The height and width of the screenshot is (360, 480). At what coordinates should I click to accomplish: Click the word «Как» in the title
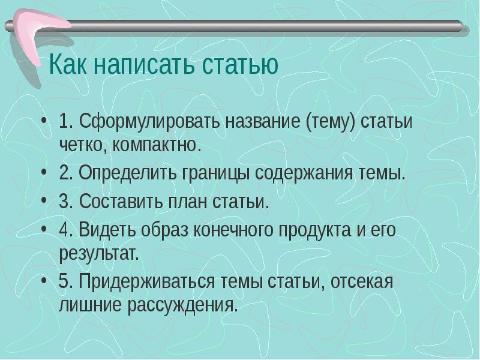click(68, 64)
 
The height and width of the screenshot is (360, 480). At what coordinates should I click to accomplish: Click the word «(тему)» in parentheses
click(331, 122)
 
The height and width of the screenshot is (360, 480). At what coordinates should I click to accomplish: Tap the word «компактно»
click(157, 145)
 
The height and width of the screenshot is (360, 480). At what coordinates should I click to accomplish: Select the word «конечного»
click(233, 230)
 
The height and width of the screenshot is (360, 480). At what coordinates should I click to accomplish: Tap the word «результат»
click(99, 253)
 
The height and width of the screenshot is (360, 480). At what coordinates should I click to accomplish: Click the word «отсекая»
click(362, 282)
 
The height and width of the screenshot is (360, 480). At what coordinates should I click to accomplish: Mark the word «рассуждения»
click(182, 305)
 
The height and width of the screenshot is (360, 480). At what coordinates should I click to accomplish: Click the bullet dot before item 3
click(44, 201)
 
